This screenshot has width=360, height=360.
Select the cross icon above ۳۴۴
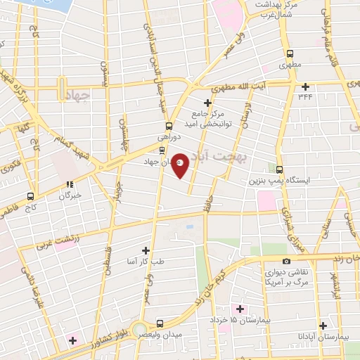(x=305, y=87)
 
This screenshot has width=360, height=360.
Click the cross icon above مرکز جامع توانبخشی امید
(x=207, y=103)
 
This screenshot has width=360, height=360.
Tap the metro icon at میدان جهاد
(x=162, y=150)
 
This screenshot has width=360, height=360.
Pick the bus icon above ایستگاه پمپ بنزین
(x=279, y=169)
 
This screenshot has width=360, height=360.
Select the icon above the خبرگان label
(x=70, y=184)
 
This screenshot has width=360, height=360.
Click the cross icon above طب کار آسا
(x=146, y=250)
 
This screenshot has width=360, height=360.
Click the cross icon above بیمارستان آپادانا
(x=323, y=326)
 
